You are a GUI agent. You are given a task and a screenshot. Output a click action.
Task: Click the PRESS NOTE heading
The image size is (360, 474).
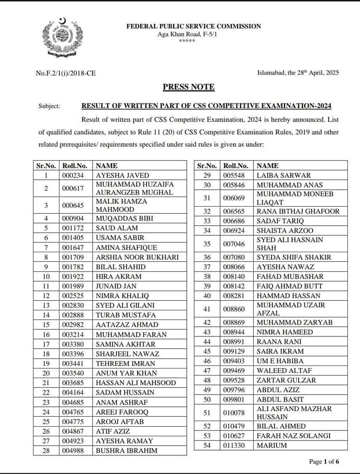point(188,87)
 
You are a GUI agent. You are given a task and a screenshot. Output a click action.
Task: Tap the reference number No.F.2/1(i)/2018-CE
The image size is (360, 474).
point(66,73)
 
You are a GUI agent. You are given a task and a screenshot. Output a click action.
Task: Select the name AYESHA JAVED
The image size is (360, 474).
point(122,175)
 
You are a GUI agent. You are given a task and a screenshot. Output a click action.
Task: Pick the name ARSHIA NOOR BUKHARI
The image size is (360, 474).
point(137,257)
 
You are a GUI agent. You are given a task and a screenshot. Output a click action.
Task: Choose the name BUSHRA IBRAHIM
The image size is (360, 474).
point(126,451)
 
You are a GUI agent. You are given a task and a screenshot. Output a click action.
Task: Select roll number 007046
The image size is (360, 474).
point(234,244)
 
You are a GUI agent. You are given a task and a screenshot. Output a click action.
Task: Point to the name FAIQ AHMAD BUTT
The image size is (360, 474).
point(290,286)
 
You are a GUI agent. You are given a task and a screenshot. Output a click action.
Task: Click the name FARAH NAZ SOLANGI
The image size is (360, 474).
point(294,436)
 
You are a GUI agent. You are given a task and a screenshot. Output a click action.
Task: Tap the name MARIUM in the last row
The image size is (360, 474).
point(271,445)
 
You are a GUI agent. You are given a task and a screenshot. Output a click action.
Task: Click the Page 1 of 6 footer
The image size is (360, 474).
point(324,461)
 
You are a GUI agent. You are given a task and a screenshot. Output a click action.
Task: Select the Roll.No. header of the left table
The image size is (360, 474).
point(75,166)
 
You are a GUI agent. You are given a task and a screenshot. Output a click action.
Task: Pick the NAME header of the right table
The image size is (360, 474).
point(268,166)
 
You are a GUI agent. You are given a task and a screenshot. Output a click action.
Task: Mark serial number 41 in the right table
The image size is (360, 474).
point(207,309)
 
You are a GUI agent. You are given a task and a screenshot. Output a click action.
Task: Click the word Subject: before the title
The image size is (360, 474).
point(49,106)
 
